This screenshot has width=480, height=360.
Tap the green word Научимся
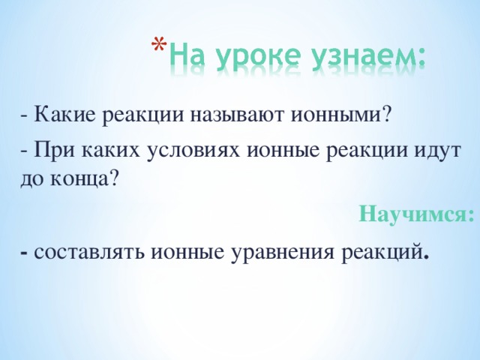416,214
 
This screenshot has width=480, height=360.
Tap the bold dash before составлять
26,252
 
